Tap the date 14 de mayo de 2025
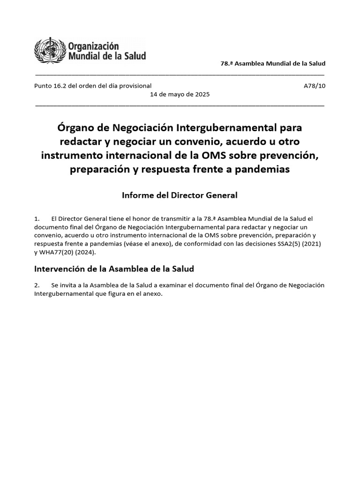coord(180,94)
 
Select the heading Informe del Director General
coord(180,195)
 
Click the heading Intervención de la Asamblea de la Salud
coord(114,269)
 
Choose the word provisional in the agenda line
coord(135,86)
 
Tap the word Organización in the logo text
coord(94,46)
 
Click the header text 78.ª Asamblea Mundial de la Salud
coord(273,63)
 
